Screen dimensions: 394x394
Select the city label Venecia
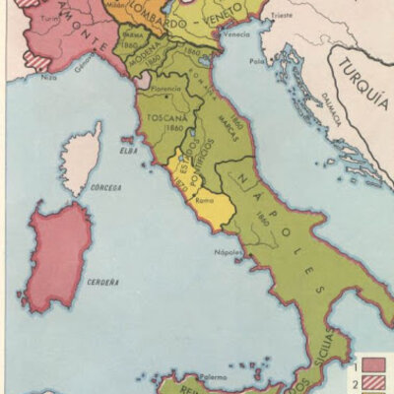237,34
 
